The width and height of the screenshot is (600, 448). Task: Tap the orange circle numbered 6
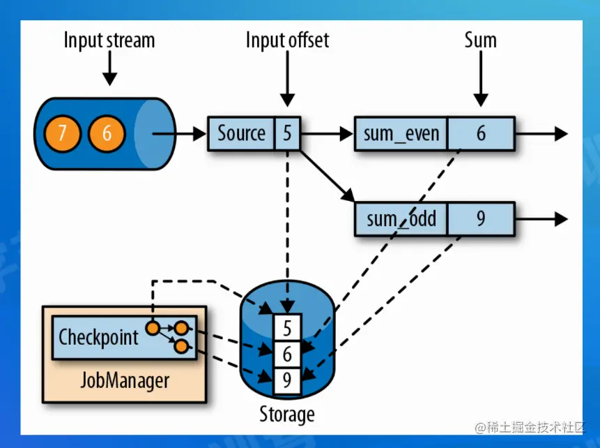[x=107, y=133]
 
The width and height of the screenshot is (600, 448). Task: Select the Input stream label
[x=110, y=40]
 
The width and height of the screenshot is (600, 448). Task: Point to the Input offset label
[x=287, y=40]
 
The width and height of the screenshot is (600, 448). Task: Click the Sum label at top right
[x=481, y=40]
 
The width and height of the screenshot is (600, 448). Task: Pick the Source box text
[x=241, y=133]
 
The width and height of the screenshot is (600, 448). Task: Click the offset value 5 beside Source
[x=287, y=133]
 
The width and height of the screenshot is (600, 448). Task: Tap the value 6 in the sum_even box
[x=481, y=133]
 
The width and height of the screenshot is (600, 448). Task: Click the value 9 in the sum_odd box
[x=481, y=219]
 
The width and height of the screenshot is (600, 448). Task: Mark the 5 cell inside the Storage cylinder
[x=287, y=327]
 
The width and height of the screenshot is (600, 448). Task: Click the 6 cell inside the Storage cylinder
[x=287, y=354]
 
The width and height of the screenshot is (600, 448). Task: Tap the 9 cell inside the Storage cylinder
[x=287, y=380]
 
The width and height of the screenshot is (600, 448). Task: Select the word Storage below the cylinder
[x=287, y=415]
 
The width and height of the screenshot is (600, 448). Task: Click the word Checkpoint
[x=98, y=337]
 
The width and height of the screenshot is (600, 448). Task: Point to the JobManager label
[x=125, y=380]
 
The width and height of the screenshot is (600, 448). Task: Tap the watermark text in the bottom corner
[x=527, y=427]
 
